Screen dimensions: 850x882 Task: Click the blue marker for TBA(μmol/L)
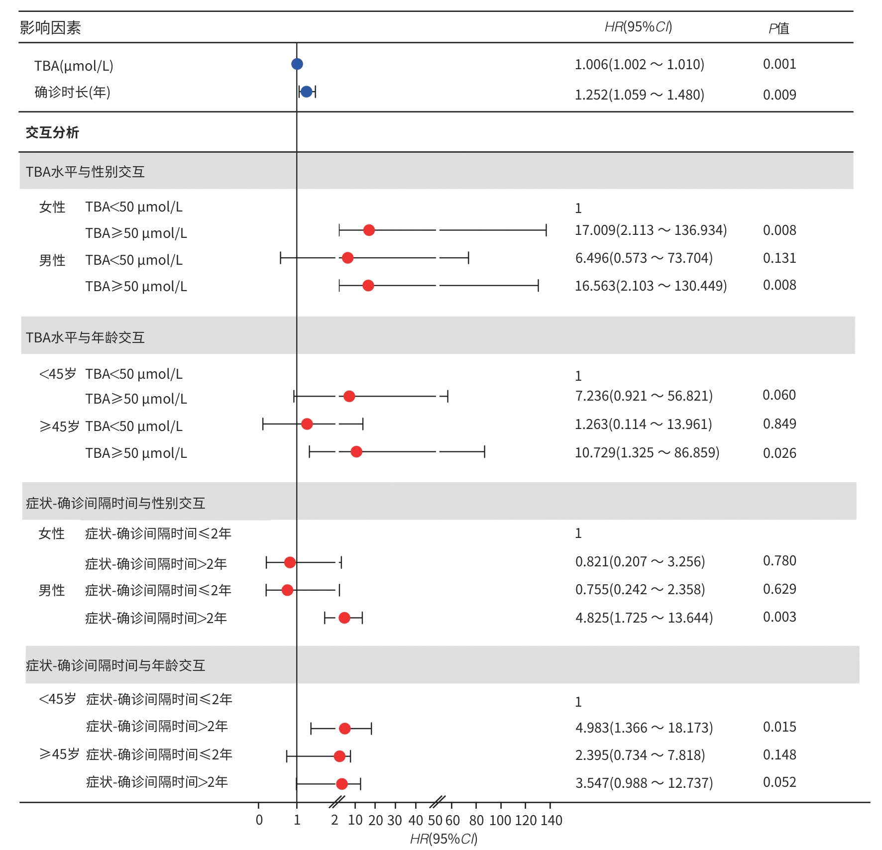tap(297, 64)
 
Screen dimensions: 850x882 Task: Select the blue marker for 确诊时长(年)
tap(307, 92)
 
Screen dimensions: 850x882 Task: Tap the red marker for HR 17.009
tap(369, 230)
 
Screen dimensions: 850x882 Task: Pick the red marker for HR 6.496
tap(347, 258)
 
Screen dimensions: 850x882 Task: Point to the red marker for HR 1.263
tap(307, 424)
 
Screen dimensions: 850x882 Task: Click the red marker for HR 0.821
tap(290, 562)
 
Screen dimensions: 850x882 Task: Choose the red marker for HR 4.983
tap(344, 729)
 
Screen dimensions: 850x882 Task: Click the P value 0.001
tap(779, 64)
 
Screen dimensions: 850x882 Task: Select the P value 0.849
tap(779, 424)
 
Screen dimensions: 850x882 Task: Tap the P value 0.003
tap(779, 617)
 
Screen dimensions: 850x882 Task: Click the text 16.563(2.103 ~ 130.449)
tap(651, 286)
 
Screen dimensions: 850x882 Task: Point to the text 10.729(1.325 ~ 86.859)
tap(647, 453)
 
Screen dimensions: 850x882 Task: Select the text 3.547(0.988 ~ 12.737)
tap(644, 783)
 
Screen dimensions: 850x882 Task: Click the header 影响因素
tap(50, 28)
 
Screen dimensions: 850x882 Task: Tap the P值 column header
tap(779, 28)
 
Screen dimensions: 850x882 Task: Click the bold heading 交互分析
tap(52, 132)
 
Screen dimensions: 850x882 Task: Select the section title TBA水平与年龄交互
tap(85, 338)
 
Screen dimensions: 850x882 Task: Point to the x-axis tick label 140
tap(551, 820)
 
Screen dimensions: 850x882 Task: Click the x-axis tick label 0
tap(259, 820)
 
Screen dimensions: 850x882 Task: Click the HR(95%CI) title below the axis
tap(443, 839)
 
